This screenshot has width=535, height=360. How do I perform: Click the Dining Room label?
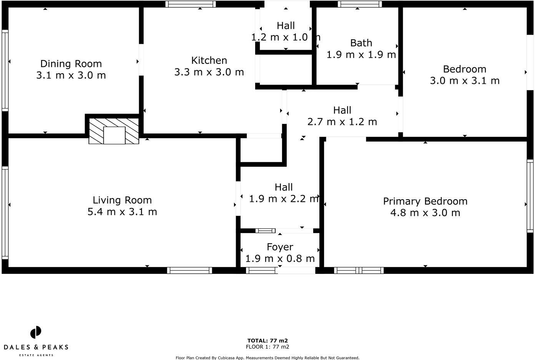pos(71,64)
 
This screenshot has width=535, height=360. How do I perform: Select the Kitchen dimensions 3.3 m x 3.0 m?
pos(209,72)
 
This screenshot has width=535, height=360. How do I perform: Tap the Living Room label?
pos(122,200)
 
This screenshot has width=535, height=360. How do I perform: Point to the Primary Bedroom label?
pos(425,201)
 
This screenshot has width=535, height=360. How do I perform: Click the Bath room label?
pos(361,43)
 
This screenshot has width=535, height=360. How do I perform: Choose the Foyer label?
pos(280,247)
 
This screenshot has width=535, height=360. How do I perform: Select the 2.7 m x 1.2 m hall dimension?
pos(342,122)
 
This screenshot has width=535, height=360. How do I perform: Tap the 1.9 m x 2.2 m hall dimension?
pos(284,199)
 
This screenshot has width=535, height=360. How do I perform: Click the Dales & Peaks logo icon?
pos(36,332)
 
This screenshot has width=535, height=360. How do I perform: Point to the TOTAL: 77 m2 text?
pos(267,340)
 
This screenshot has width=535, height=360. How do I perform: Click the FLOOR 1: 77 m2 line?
pos(267,347)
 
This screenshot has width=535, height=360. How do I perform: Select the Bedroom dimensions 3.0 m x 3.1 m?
pos(465,81)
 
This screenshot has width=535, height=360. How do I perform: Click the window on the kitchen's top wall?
pos(191,4)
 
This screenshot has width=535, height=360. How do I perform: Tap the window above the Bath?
pos(360,4)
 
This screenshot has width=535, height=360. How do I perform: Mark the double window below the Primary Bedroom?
pos(359,270)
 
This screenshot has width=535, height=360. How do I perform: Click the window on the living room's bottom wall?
pos(189,270)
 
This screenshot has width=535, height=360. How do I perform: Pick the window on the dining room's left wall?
pos(5,71)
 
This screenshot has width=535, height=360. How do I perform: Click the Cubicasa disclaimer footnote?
pos(267,358)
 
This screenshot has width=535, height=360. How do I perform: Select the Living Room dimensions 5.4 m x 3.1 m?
pos(122,212)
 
